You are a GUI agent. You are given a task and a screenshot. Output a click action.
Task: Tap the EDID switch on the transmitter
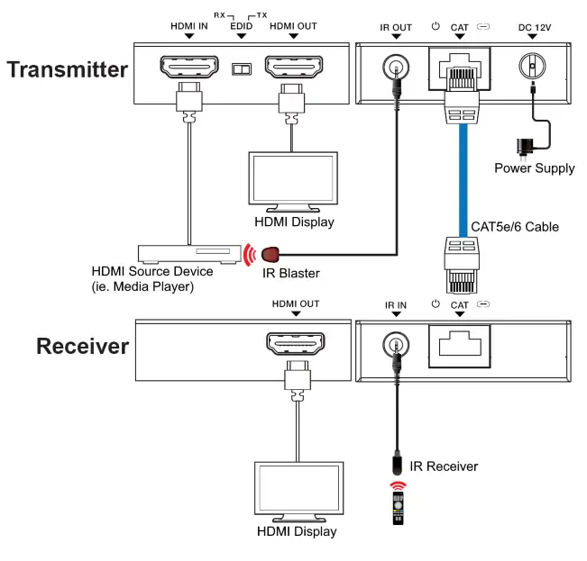point(241,68)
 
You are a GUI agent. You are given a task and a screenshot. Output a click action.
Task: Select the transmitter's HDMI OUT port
point(292,67)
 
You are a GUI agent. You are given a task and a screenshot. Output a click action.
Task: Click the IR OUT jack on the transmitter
point(395,67)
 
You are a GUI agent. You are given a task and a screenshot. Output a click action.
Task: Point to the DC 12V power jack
point(533,67)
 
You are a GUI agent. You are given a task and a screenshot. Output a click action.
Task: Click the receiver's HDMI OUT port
point(293,345)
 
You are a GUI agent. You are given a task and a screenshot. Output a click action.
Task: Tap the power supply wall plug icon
point(522,148)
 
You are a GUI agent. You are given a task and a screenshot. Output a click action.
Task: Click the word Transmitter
point(68,69)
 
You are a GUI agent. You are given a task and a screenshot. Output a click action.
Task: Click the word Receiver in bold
point(83,347)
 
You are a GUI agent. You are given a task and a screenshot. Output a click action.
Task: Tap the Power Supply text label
point(534,168)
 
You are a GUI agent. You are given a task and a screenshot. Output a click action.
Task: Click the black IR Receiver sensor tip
point(396,465)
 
